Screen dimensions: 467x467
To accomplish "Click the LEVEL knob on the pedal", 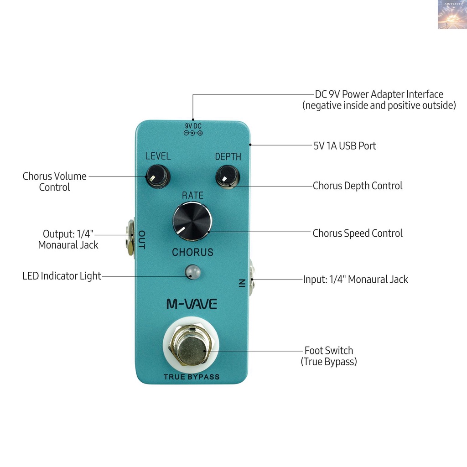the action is click(x=158, y=176).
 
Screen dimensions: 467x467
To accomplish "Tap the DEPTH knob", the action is click(x=228, y=176).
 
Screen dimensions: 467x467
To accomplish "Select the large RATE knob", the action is click(x=192, y=221).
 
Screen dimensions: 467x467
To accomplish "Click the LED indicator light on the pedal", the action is click(x=193, y=272).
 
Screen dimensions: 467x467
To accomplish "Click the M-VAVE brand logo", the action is click(x=192, y=304).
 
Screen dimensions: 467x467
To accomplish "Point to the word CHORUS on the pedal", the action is click(x=193, y=252).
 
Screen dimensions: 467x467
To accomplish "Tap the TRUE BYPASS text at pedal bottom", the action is click(x=192, y=377).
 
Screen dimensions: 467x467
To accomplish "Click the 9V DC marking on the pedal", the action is click(x=193, y=129).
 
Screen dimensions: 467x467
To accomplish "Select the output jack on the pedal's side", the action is click(x=130, y=237).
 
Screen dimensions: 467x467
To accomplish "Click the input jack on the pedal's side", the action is click(x=251, y=277).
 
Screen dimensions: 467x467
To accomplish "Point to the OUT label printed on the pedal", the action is click(x=142, y=239).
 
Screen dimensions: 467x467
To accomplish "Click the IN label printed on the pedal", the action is click(x=242, y=283).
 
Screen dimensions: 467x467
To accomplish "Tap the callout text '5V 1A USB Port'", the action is click(x=345, y=145).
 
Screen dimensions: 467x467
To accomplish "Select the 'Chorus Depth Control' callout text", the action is click(x=358, y=186).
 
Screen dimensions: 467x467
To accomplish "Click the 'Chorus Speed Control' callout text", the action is click(x=358, y=233).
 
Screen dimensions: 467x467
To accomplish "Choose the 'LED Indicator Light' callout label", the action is click(x=62, y=276).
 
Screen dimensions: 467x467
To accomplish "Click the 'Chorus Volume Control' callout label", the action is click(x=55, y=182).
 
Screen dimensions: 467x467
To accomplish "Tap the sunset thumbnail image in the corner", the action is click(x=452, y=15).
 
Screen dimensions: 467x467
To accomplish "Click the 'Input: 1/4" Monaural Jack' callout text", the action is click(x=356, y=280).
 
